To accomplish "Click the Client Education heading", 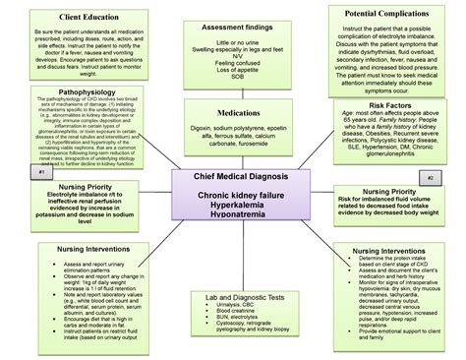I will tap(69, 17).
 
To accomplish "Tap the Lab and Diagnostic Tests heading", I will tap(233, 296).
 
